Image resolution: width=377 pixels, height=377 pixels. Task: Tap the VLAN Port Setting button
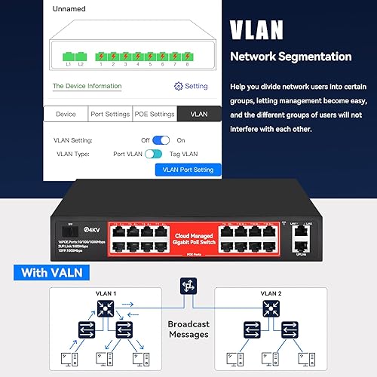click(x=188, y=170)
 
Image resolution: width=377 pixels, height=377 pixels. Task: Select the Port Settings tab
click(x=111, y=115)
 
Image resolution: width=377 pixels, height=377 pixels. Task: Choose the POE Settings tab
click(x=155, y=115)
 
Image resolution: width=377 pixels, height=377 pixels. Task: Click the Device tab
click(x=66, y=115)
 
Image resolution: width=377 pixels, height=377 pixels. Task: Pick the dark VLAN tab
click(x=199, y=115)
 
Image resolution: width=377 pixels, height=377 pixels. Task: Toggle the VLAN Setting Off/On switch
click(x=161, y=140)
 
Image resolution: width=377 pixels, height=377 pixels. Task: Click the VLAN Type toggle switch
click(x=155, y=154)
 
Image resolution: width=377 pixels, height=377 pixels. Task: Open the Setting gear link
click(x=191, y=87)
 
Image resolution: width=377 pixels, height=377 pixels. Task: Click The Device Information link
click(x=87, y=86)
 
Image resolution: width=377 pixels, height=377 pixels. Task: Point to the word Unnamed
click(x=68, y=9)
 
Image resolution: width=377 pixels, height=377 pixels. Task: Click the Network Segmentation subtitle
click(x=290, y=57)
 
